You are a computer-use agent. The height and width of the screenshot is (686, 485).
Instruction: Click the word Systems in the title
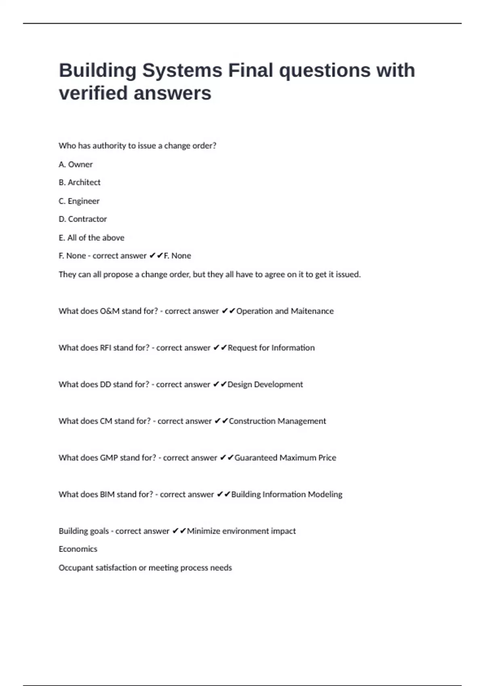[182, 71]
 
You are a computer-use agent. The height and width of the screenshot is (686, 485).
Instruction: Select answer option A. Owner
[76, 165]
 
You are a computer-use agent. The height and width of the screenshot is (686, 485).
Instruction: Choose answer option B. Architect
[80, 182]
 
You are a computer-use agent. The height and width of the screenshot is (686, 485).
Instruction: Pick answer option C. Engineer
[79, 201]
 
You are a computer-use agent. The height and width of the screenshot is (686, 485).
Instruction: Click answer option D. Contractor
[83, 219]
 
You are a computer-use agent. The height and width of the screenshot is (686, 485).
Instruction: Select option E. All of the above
[91, 238]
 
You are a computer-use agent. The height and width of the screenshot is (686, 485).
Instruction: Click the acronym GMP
[109, 458]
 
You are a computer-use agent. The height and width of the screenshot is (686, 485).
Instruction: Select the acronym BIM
[107, 494]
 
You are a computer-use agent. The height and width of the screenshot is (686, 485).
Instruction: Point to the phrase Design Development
[265, 385]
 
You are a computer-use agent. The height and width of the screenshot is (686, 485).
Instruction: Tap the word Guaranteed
[256, 458]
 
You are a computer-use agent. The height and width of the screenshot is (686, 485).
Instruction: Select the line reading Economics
[78, 549]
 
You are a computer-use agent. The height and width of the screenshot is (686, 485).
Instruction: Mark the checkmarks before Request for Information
[220, 348]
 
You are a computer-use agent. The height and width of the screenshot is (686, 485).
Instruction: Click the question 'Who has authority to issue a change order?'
[137, 146]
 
